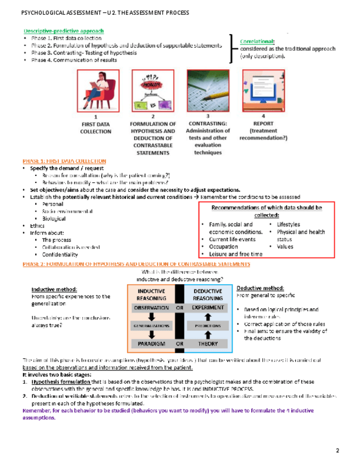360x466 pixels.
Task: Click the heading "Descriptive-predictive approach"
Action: pyautogui.click(x=63, y=31)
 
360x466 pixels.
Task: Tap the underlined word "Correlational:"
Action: pyautogui.click(x=258, y=41)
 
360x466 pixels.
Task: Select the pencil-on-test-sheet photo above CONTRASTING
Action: pyautogui.click(x=207, y=91)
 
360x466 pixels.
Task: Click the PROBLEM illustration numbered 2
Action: pyautogui.click(x=152, y=91)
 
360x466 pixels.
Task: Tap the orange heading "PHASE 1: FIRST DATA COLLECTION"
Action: pyautogui.click(x=64, y=160)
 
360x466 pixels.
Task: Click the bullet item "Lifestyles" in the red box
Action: pyautogui.click(x=288, y=225)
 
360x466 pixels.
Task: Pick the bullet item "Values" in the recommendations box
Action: pyautogui.click(x=285, y=247)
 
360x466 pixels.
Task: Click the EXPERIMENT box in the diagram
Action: pyautogui.click(x=208, y=308)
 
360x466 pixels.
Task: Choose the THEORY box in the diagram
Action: pyautogui.click(x=208, y=343)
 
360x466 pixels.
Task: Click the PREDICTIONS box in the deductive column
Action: pyautogui.click(x=208, y=326)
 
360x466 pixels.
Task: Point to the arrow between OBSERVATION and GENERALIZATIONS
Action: pyautogui.click(x=151, y=317)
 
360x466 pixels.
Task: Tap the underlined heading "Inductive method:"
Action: pyautogui.click(x=53, y=290)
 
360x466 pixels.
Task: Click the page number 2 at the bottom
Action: pyautogui.click(x=338, y=451)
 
